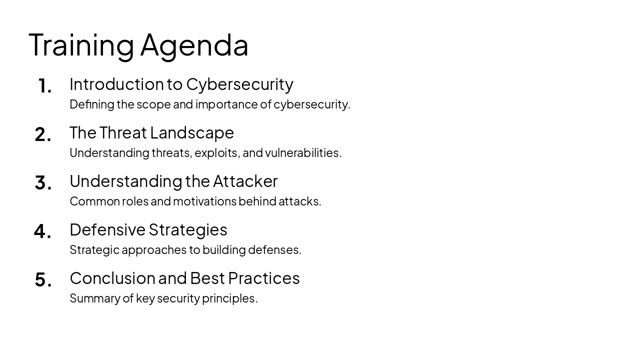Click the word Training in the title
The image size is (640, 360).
(81, 45)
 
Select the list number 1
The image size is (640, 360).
(44, 86)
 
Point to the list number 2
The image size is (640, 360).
(43, 134)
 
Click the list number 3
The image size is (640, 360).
(43, 183)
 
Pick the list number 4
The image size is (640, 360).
(43, 231)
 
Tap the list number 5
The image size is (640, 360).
(43, 280)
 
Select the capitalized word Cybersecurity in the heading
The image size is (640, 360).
(239, 84)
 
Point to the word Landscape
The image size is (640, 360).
(192, 133)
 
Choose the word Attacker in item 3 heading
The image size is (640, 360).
(245, 181)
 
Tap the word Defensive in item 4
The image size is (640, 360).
(107, 229)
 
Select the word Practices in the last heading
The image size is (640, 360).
(263, 278)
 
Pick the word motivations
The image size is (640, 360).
(204, 201)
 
